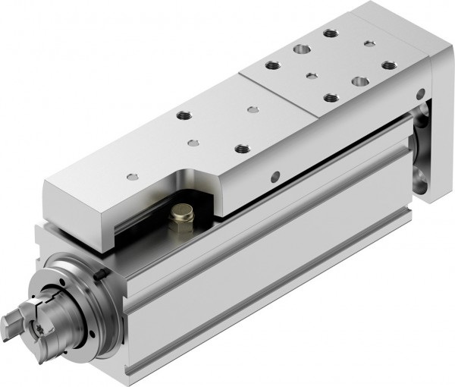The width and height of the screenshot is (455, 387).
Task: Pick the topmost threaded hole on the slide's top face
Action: pyautogui.click(x=329, y=33)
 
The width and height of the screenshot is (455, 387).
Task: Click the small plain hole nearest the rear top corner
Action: pyautogui.click(x=369, y=43)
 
